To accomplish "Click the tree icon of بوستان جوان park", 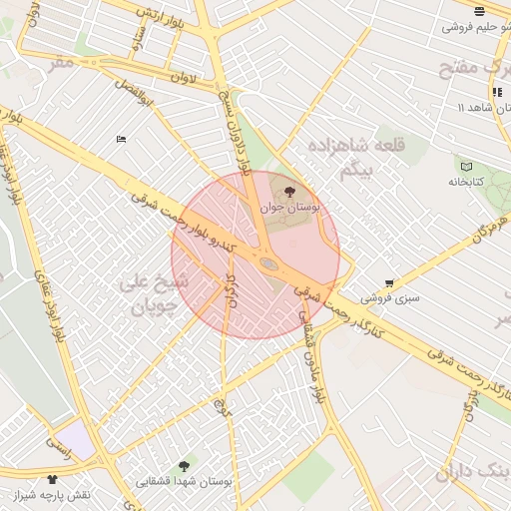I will click(x=290, y=190).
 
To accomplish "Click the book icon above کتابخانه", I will click(x=465, y=165).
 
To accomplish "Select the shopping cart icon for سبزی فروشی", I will click(x=388, y=282).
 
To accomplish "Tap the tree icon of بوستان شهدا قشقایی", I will click(x=183, y=466).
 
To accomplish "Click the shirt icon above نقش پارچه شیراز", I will click(x=52, y=480).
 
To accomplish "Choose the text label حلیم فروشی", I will click(x=473, y=27).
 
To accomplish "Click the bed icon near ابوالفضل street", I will click(x=121, y=140).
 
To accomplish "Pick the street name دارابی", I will click(x=230, y=289).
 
